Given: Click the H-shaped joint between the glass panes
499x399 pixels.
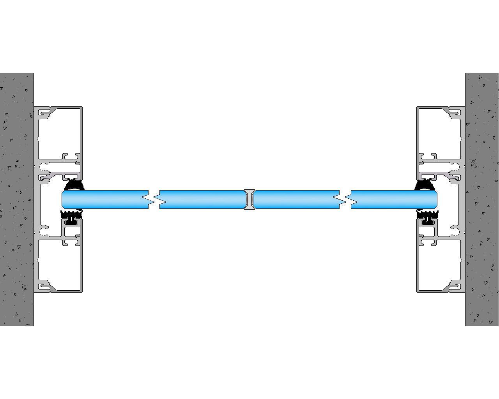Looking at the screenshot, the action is point(249,199).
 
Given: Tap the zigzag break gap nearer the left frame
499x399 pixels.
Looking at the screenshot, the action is point(154,199).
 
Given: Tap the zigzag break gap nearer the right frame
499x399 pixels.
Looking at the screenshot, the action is point(345,199).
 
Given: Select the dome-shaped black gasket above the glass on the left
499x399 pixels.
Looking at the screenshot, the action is point(74,185).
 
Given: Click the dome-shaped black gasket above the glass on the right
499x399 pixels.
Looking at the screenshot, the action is point(425,185).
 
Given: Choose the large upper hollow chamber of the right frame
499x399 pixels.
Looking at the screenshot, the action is point(439,132).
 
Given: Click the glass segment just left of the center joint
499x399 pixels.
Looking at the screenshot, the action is point(201,199).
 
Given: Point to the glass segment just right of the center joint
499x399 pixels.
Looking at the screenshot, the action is point(296,199).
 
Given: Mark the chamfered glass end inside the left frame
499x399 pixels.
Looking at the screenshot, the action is point(64,199).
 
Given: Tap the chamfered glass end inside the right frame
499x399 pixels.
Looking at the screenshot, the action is point(435,199).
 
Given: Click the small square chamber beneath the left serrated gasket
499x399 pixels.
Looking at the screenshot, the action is point(72,232).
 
